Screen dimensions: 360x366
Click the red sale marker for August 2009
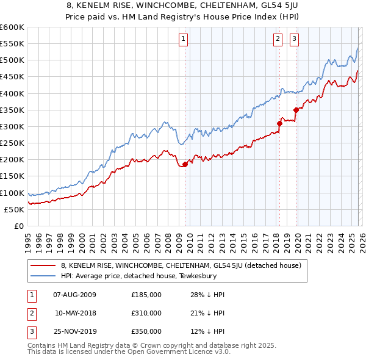(x=185, y=164)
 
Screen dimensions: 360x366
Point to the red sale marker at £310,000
(x=279, y=123)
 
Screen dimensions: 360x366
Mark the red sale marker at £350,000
(x=296, y=110)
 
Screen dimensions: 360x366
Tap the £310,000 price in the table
(x=146, y=313)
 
